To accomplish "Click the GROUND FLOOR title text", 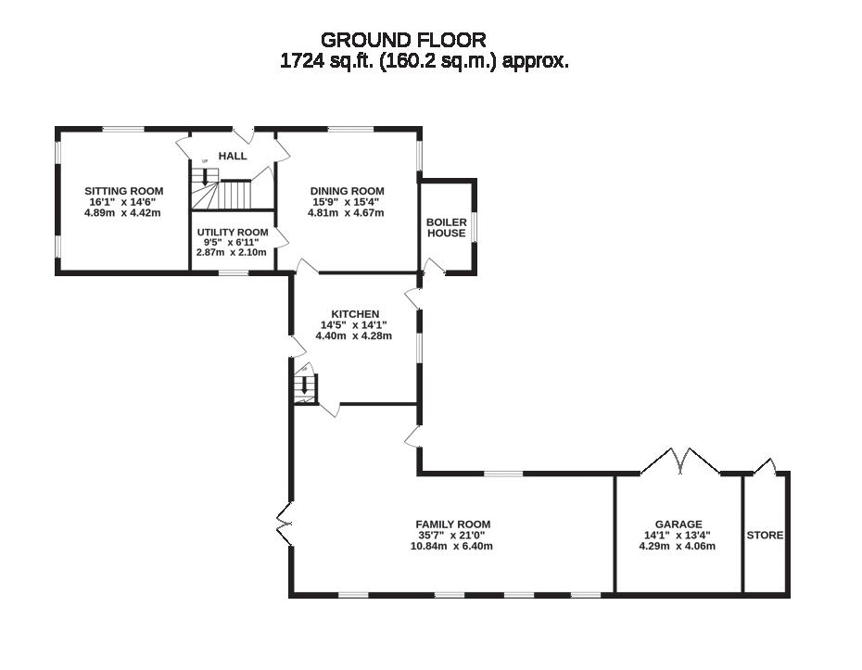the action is [403, 39].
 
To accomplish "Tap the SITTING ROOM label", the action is [125, 191].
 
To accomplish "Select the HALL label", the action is [233, 156].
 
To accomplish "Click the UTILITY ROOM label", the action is [233, 232].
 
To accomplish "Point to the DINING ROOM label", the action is [347, 191].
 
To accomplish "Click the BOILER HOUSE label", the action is [446, 227].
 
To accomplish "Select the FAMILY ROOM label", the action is [452, 525].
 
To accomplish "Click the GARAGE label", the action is [678, 525].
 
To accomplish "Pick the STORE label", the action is [765, 536].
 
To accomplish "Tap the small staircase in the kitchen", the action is [305, 387].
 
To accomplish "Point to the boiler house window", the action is [475, 226].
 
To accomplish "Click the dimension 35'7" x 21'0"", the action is [452, 536].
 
